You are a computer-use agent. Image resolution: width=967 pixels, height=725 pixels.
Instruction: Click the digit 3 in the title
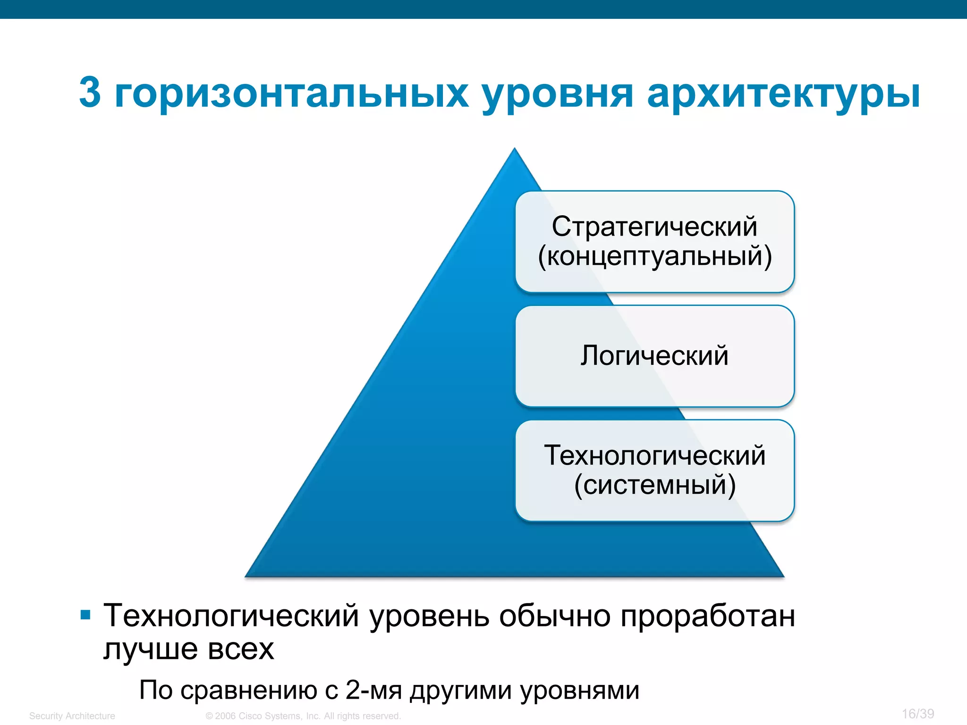coord(90,92)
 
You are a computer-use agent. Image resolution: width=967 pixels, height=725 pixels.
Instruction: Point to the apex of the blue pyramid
coord(515,150)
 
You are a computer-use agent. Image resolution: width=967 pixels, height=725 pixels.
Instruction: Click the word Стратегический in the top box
coord(654,227)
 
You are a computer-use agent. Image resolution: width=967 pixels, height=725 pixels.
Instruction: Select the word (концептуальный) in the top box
coord(655,257)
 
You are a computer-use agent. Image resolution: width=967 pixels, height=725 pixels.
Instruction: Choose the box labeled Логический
coord(654,355)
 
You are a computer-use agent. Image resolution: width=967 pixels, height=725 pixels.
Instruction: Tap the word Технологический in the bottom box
coord(654,455)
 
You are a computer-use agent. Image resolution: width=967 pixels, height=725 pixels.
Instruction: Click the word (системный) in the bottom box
coord(655,485)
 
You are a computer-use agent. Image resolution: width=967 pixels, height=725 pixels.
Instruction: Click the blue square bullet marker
coord(85,615)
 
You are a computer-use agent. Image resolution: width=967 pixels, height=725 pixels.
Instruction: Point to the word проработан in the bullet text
coord(707,616)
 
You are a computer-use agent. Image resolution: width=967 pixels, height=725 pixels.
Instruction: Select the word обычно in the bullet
coord(554,616)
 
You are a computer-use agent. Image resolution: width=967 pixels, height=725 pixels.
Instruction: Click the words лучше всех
coord(188,649)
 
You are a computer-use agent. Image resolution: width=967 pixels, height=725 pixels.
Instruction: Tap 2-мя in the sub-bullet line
coord(373,690)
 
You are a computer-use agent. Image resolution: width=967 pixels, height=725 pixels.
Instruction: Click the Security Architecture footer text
coord(72,716)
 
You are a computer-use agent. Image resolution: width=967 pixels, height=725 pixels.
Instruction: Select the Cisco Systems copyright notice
coord(303,716)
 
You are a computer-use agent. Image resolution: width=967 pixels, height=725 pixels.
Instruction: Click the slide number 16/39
coord(917,714)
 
